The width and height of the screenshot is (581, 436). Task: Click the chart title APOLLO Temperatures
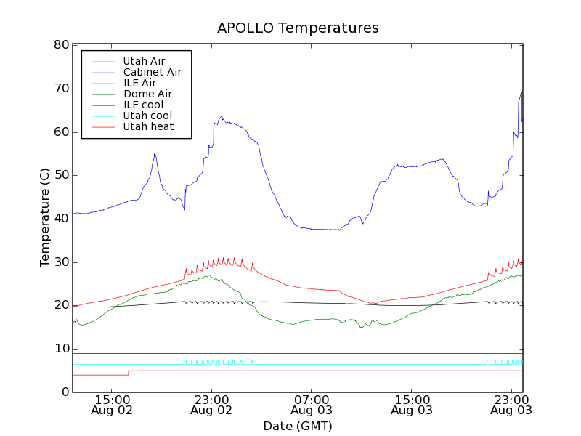(298, 28)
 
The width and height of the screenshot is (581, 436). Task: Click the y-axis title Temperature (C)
(45, 217)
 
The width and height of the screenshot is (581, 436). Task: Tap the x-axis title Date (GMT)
(298, 426)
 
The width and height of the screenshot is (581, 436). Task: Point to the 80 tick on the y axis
(61, 45)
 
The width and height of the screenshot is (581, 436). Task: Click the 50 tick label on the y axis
(61, 175)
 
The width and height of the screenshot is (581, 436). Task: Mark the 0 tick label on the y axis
(65, 392)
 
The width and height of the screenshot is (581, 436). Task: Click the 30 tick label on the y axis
(61, 262)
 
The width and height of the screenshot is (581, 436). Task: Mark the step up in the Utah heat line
(129, 373)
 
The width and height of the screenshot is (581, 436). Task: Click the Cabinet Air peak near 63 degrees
(222, 116)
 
